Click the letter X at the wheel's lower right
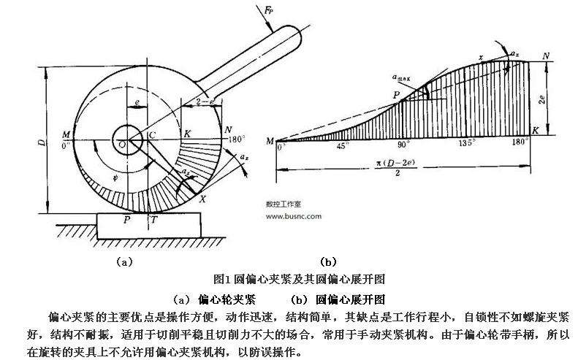(x=202, y=199)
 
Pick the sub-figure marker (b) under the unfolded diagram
(x=328, y=261)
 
